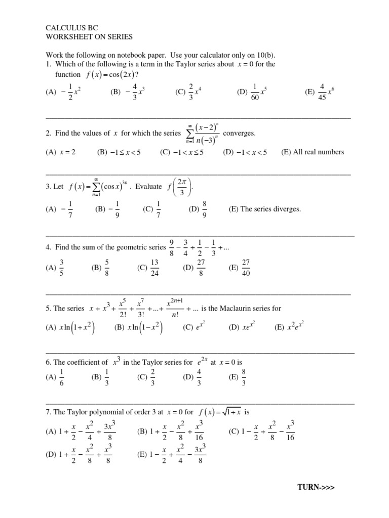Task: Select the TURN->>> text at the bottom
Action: pos(316,487)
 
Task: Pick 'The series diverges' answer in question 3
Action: pos(272,209)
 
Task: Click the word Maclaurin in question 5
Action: pos(242,308)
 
